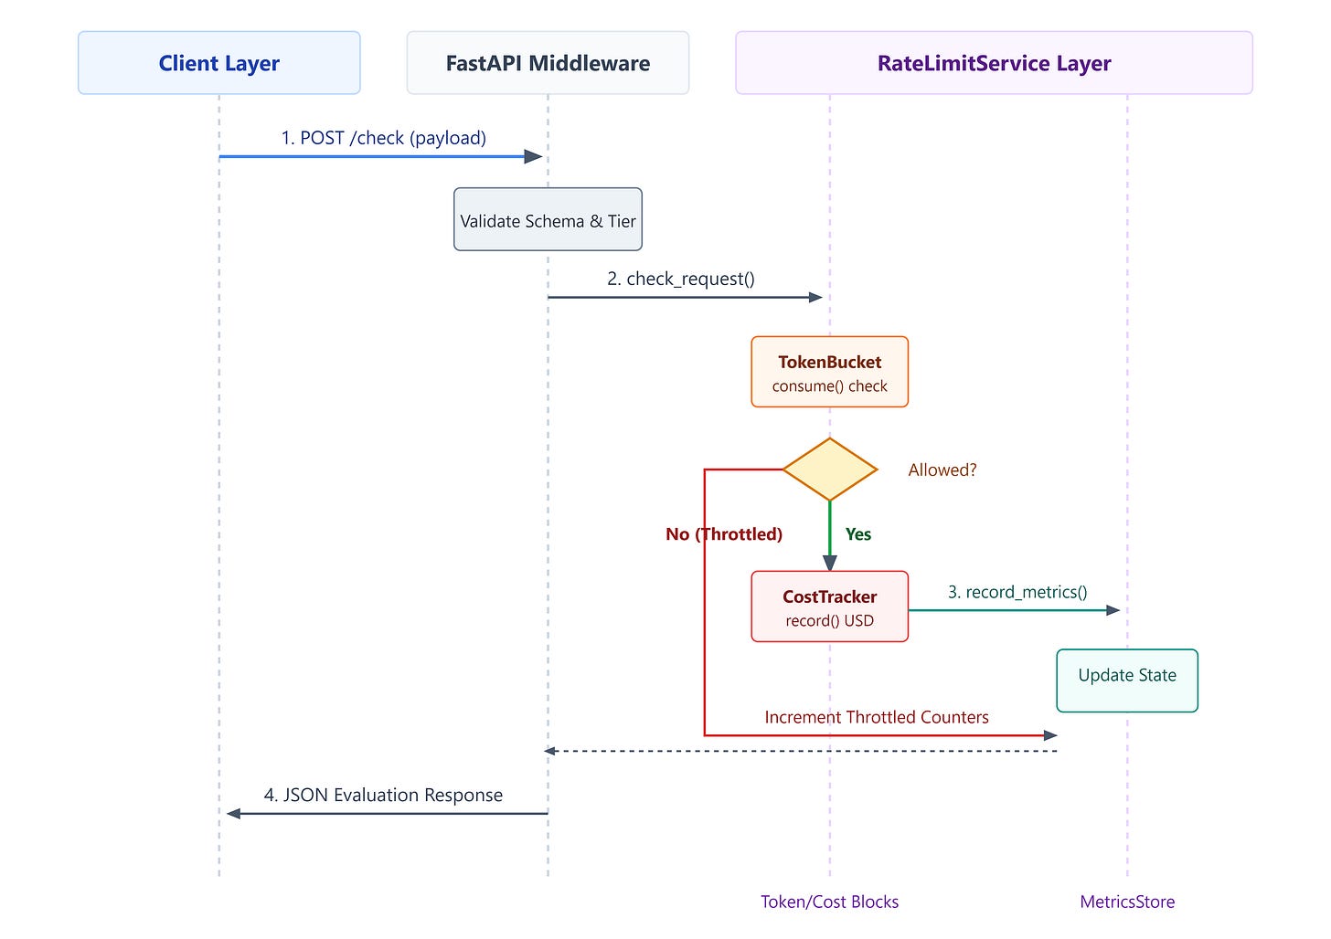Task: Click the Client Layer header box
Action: [x=218, y=62]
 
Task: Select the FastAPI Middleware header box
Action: [x=548, y=62]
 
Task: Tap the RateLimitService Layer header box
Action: [x=994, y=62]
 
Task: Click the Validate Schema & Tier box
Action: [x=548, y=219]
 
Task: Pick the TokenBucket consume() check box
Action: [x=829, y=372]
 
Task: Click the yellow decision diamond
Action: [x=829, y=469]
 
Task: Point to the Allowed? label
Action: [x=942, y=469]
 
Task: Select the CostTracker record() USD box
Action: [x=829, y=606]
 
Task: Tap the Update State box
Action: [x=1127, y=681]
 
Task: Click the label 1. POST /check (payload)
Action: [x=383, y=138]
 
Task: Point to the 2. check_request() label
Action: [x=681, y=279]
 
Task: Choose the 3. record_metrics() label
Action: [x=1017, y=592]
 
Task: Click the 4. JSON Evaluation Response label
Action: [x=383, y=794]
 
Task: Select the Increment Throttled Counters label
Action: [x=877, y=717]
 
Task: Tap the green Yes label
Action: [x=858, y=534]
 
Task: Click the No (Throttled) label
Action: [x=724, y=534]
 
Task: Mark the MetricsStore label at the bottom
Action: [x=1127, y=902]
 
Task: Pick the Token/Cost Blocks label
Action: [x=829, y=902]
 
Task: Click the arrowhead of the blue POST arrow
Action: [x=534, y=157]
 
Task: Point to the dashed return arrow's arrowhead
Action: [x=549, y=751]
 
